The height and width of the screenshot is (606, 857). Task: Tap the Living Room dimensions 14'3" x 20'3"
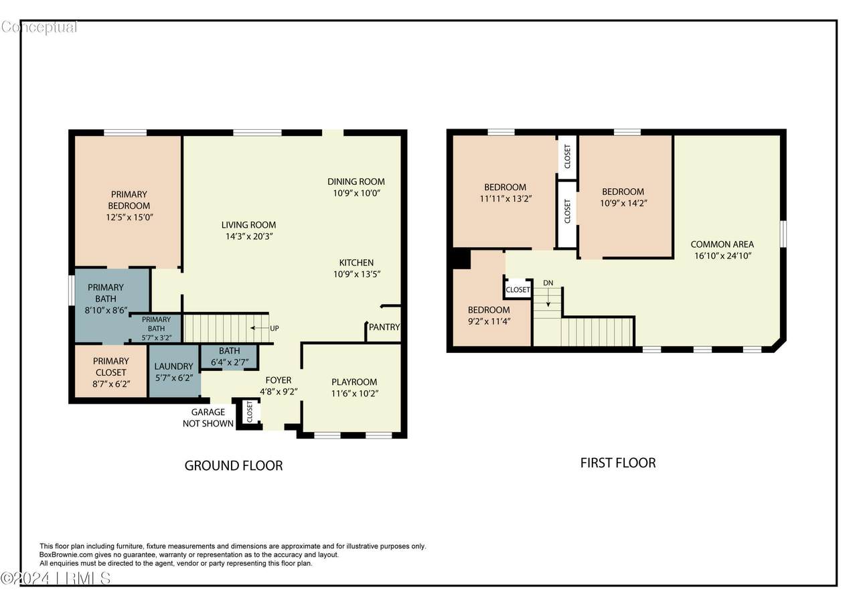coord(249,236)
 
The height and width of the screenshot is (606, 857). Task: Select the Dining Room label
coord(356,181)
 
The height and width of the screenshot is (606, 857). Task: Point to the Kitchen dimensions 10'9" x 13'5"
coord(357,275)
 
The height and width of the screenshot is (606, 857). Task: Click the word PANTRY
coord(384,327)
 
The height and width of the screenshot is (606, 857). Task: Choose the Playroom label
coord(354,382)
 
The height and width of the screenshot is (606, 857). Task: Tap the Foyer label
coord(279,380)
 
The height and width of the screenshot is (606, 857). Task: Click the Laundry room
coord(174,372)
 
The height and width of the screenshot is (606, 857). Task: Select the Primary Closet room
coord(111,372)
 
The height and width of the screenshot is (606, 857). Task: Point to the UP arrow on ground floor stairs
coord(259,328)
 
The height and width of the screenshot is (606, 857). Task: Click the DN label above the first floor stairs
coord(548,283)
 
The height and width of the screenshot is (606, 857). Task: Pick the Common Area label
coord(722,244)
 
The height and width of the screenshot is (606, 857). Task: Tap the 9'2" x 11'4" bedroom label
coord(489,315)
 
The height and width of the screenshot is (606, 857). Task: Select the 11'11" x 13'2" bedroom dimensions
coord(505,199)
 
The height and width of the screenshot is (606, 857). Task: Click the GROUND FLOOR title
coord(234,465)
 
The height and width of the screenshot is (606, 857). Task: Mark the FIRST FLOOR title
coord(618,463)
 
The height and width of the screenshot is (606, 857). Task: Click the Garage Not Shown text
coord(208,418)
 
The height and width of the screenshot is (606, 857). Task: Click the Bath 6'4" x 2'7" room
coord(229,356)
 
